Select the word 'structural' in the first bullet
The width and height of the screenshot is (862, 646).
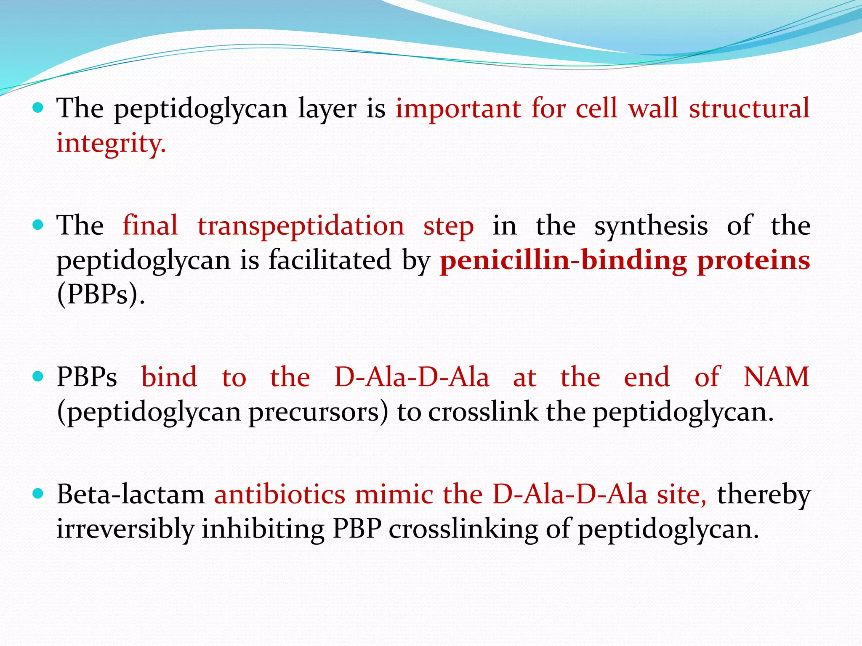pyautogui.click(x=749, y=109)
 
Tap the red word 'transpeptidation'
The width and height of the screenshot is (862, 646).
pyautogui.click(x=301, y=226)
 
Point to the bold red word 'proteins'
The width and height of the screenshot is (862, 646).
pyautogui.click(x=753, y=260)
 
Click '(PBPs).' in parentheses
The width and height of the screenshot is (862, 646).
pyautogui.click(x=101, y=294)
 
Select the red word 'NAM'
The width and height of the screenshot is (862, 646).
pyautogui.click(x=776, y=377)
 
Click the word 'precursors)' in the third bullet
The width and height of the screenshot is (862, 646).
pyautogui.click(x=318, y=412)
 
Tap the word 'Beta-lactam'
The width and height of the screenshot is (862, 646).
pyautogui.click(x=130, y=494)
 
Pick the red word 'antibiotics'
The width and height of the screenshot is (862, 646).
pyautogui.click(x=279, y=494)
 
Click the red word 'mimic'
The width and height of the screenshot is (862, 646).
pyautogui.click(x=394, y=494)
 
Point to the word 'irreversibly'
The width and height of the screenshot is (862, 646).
pyautogui.click(x=125, y=529)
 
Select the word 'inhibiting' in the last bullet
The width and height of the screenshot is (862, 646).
pyautogui.click(x=263, y=529)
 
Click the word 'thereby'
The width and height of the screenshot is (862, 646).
pyautogui.click(x=764, y=494)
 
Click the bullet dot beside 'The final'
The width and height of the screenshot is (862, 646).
pyautogui.click(x=38, y=225)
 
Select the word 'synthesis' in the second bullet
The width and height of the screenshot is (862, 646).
pyautogui.click(x=651, y=226)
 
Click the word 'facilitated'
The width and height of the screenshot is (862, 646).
pyautogui.click(x=330, y=260)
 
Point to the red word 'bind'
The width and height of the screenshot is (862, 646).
pyautogui.click(x=169, y=377)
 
